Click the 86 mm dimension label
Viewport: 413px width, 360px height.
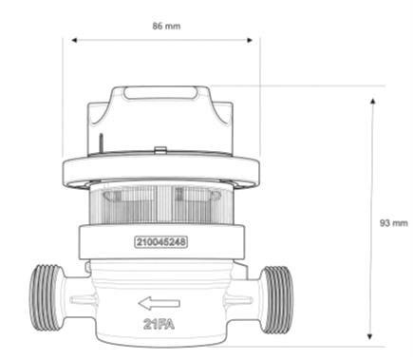click(x=166, y=26)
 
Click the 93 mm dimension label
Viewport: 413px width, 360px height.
click(x=394, y=223)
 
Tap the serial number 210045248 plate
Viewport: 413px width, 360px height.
click(x=161, y=242)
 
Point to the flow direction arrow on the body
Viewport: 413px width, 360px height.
click(x=160, y=303)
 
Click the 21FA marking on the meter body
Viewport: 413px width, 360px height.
click(x=159, y=324)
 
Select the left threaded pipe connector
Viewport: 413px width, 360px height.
click(x=45, y=297)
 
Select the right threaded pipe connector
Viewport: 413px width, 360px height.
click(x=277, y=299)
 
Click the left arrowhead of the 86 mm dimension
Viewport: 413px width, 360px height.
click(x=75, y=40)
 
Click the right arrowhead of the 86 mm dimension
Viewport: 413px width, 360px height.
click(x=250, y=40)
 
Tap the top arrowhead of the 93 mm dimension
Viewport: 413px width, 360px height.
click(x=373, y=102)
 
